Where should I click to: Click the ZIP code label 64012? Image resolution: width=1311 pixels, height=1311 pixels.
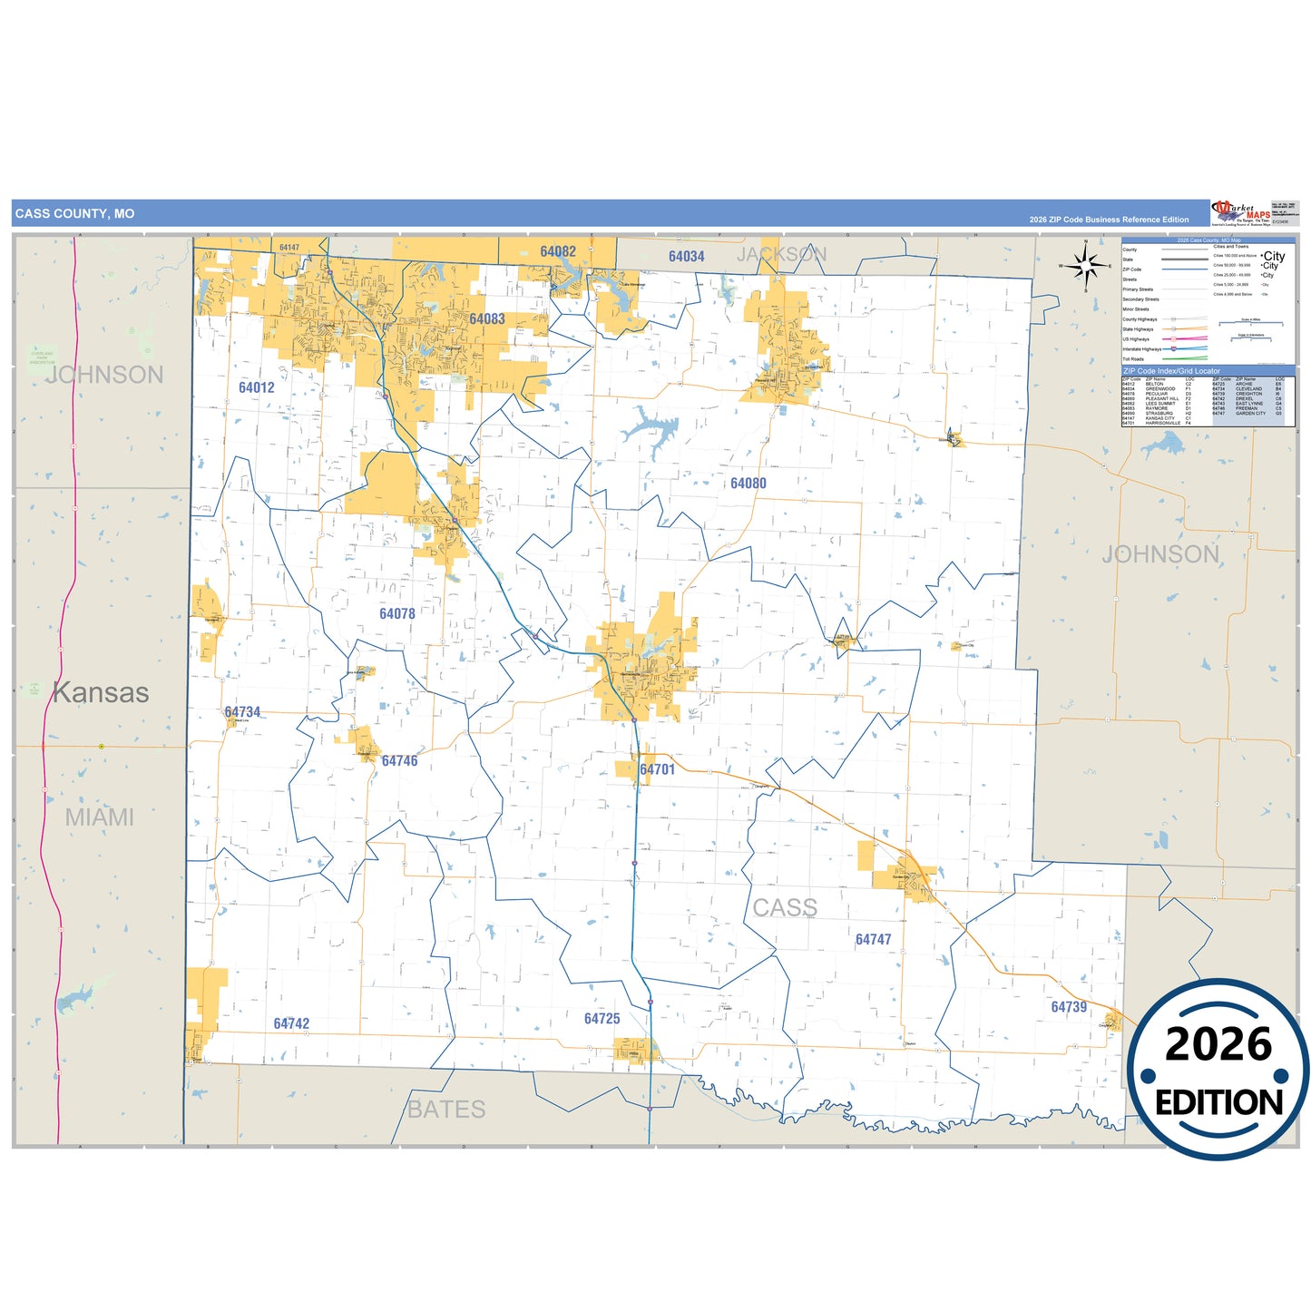257,387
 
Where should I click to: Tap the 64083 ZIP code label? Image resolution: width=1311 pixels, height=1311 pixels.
487,318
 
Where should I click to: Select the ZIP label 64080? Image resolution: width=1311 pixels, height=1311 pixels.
748,484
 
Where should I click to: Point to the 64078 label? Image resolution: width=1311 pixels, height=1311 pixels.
397,614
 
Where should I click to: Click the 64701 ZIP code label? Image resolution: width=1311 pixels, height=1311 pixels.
658,769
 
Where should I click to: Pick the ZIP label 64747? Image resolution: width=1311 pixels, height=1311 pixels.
874,940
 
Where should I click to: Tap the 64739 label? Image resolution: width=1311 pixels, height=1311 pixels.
1069,1007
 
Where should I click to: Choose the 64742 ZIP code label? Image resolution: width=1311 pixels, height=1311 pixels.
291,1023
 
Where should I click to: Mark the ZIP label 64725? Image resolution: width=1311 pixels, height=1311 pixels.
602,1019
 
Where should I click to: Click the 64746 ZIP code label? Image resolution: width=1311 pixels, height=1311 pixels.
400,761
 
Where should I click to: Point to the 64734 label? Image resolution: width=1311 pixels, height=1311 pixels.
242,712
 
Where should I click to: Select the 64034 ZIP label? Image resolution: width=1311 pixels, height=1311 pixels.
687,257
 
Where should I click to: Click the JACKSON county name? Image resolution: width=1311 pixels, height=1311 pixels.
781,254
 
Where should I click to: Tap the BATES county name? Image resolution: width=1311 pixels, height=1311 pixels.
446,1109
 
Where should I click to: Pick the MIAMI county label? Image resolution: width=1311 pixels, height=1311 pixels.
100,817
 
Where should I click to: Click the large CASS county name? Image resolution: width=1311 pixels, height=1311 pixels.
785,907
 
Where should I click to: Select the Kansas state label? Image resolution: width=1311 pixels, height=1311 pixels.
101,692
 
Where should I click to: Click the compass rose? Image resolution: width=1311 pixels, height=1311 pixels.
1085,266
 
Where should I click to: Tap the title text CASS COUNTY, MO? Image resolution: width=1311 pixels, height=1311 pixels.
74,214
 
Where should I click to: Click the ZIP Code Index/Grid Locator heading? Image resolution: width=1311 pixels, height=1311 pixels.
1171,371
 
